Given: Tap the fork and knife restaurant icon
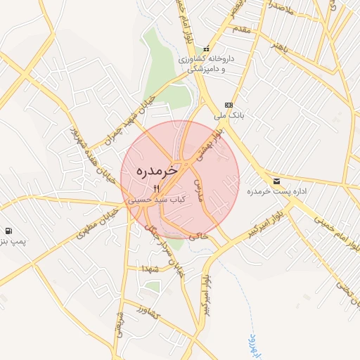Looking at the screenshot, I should [156, 188].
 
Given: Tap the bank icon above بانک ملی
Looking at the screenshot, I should [229, 105].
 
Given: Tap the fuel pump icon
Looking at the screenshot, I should [8, 231].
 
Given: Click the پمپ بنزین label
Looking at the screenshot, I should [13, 242].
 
